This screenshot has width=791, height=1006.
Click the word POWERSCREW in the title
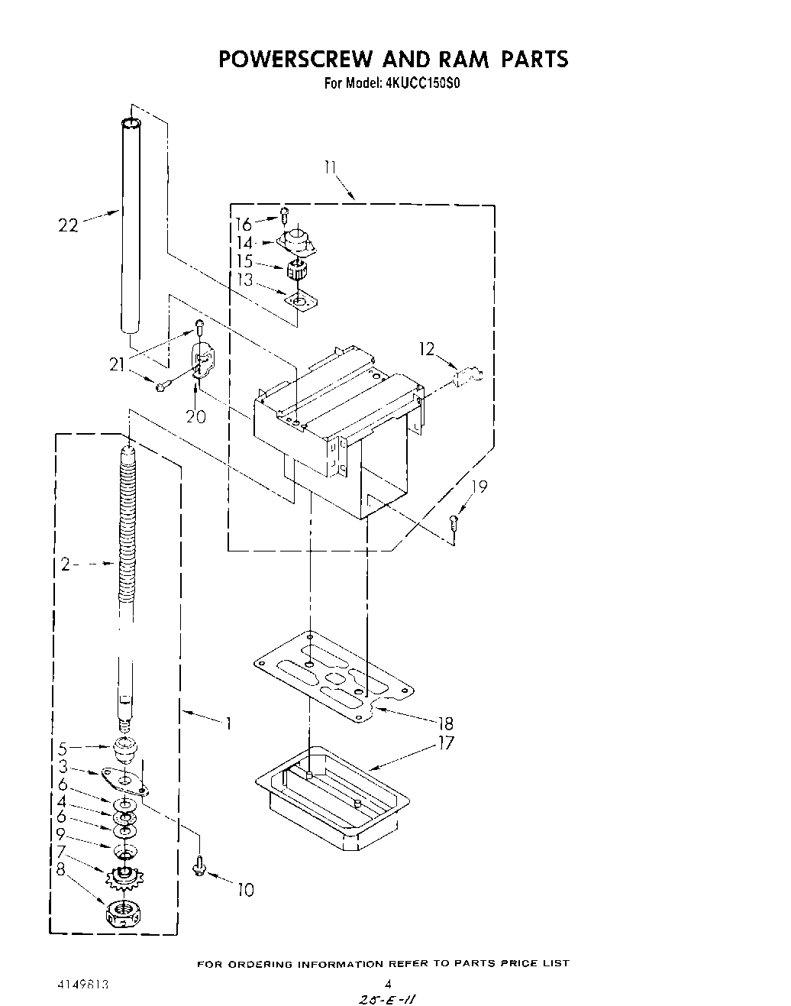pyautogui.click(x=296, y=60)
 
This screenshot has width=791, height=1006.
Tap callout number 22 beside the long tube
pyautogui.click(x=68, y=225)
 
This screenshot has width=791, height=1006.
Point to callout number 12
pyautogui.click(x=426, y=349)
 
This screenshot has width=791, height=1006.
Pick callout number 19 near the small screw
pyautogui.click(x=479, y=487)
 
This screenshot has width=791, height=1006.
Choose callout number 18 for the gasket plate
pyautogui.click(x=445, y=723)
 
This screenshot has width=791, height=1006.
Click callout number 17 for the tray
pyautogui.click(x=445, y=742)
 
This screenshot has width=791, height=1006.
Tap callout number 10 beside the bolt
pyautogui.click(x=245, y=889)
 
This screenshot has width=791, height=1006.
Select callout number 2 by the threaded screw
pyautogui.click(x=66, y=564)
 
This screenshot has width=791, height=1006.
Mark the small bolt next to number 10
pyautogui.click(x=199, y=865)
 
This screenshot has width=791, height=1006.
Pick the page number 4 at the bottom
pyautogui.click(x=388, y=985)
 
